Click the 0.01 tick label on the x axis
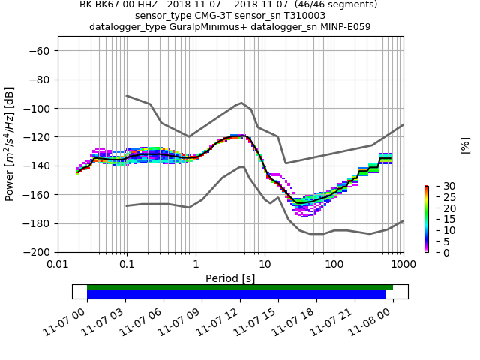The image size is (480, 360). tap(58, 264)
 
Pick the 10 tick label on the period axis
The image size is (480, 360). tap(265, 264)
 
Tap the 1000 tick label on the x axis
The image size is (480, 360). tap(403, 264)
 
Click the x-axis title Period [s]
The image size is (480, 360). tap(230, 278)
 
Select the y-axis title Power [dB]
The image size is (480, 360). tap(10, 144)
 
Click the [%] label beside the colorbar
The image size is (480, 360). tap(465, 145)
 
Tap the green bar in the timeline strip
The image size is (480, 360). tap(240, 287)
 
